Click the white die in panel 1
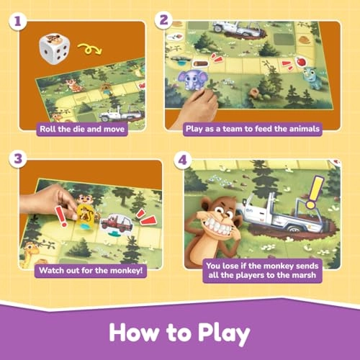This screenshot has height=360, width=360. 55,49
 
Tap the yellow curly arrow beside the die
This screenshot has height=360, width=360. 90,49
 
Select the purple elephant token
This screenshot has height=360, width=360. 193,80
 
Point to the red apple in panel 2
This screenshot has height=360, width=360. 300,62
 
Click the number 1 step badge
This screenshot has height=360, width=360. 18,22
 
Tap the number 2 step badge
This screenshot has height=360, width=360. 163,20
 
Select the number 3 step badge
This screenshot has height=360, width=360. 18,159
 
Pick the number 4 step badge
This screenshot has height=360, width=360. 183,160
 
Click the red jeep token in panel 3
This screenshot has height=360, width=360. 117,224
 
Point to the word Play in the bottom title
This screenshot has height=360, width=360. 224,333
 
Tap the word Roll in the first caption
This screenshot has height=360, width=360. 48,129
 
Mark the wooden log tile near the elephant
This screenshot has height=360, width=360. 200,64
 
